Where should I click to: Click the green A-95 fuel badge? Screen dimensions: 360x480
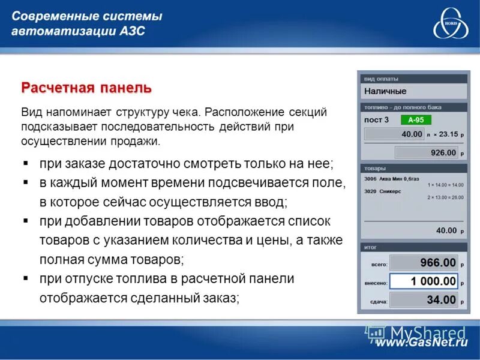[415, 119]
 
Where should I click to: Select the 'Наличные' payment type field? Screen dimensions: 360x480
[413, 91]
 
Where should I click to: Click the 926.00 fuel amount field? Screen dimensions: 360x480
[427, 152]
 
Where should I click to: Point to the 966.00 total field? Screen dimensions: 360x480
[425, 263]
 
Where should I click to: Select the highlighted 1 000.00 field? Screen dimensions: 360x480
[425, 281]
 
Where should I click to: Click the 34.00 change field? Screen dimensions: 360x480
[425, 299]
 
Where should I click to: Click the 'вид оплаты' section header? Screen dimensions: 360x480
[382, 79]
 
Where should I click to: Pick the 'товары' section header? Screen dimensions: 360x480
[376, 169]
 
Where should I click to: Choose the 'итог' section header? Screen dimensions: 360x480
[371, 247]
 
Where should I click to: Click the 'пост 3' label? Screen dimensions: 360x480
[377, 119]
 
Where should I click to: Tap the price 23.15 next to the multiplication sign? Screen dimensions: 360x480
[448, 134]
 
